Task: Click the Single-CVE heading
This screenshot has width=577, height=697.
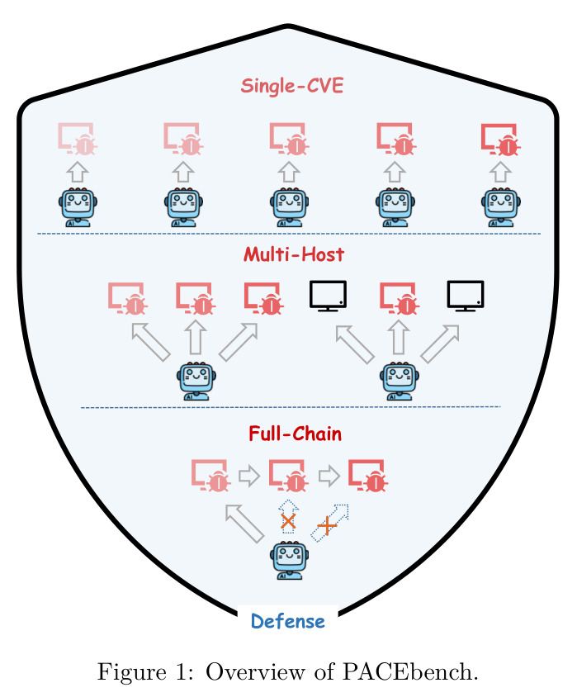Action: (292, 86)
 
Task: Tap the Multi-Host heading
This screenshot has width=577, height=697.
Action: (294, 254)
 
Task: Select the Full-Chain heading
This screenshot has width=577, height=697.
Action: (295, 434)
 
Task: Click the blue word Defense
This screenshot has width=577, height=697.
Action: (288, 621)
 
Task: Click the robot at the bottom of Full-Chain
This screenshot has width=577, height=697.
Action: (289, 560)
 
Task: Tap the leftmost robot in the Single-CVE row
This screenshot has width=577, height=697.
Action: (78, 207)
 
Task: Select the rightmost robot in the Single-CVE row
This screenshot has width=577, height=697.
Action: (500, 207)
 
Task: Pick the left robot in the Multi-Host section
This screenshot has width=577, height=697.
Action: (196, 381)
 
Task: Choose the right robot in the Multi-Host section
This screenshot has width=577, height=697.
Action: (400, 381)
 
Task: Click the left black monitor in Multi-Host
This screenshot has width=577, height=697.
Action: (328, 296)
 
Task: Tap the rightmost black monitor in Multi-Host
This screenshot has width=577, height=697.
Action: (465, 296)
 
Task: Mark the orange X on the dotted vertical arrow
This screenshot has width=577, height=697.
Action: (288, 521)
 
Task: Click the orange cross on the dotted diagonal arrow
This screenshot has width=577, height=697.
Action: (327, 526)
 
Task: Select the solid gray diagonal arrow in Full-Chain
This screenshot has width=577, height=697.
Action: (244, 524)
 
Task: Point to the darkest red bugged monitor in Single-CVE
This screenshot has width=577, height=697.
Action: (501, 140)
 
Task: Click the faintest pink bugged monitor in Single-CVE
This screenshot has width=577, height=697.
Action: (78, 139)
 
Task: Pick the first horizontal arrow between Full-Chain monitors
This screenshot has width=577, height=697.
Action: (249, 476)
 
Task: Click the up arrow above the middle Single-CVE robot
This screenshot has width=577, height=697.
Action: (289, 172)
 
